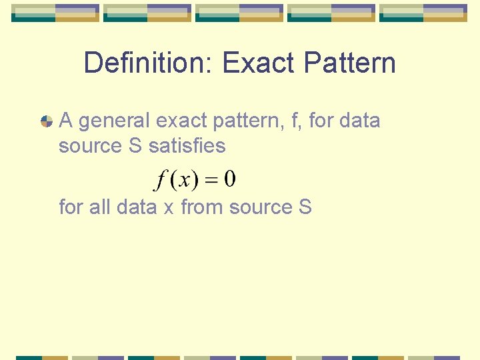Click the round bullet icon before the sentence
click(x=47, y=121)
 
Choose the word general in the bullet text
click(x=114, y=121)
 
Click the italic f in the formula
click(x=160, y=180)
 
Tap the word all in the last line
click(x=99, y=207)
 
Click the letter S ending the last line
click(x=305, y=207)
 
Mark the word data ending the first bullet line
click(x=359, y=121)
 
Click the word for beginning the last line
click(x=71, y=207)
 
